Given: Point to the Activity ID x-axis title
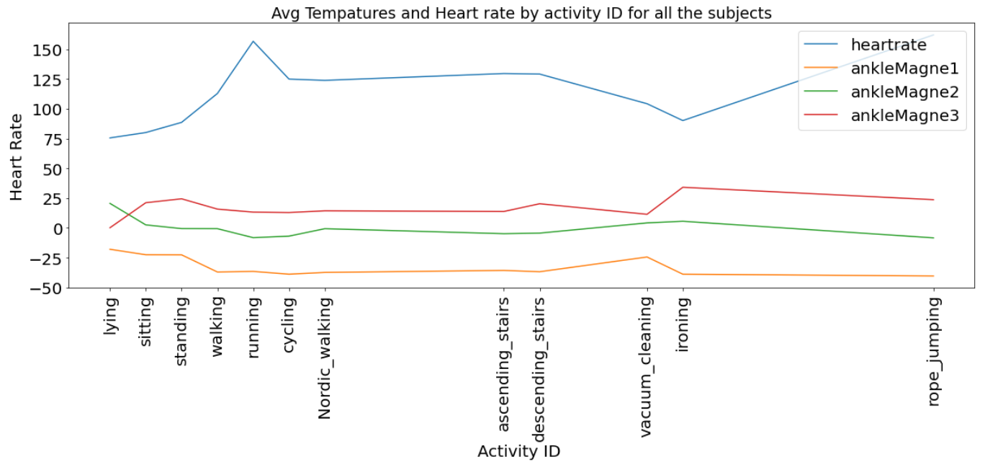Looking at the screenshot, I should point(518,450).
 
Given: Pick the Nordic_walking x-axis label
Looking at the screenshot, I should point(325,357).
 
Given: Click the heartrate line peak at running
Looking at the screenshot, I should point(253,41).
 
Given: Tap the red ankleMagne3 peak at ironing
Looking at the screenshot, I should point(683,187).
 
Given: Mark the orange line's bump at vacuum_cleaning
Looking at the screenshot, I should point(647,257).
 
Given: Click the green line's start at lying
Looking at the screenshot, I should point(109,203).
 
